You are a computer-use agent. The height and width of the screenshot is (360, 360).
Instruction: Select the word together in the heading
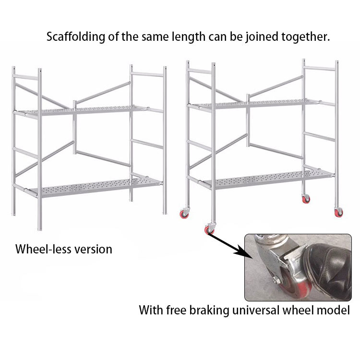pos(305,37)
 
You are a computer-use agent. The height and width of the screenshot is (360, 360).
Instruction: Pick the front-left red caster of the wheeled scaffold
pos(210,230)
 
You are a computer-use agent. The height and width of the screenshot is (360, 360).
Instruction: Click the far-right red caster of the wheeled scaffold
pos(337,212)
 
